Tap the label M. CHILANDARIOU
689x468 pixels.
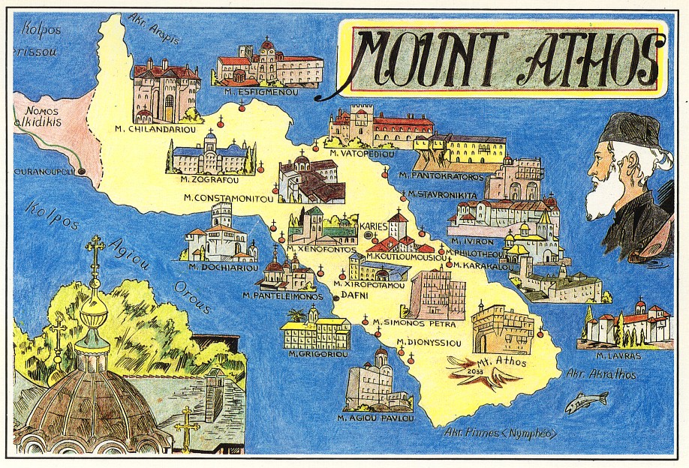155,128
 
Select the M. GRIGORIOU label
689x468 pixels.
313,354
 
